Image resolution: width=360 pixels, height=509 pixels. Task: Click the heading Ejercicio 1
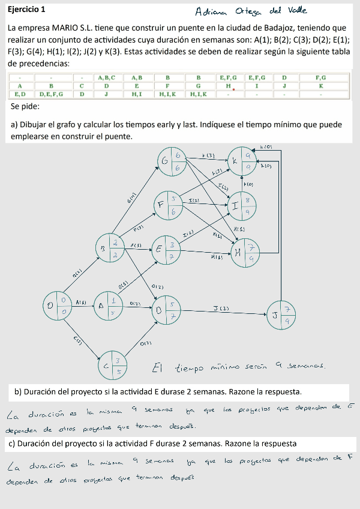click(x=26, y=10)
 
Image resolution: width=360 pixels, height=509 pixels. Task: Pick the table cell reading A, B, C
click(x=106, y=78)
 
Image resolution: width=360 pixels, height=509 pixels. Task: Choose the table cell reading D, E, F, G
click(x=52, y=94)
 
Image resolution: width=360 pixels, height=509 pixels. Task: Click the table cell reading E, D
click(x=20, y=94)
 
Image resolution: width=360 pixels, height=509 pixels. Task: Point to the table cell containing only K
click(x=321, y=86)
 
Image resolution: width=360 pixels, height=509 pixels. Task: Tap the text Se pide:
click(x=25, y=107)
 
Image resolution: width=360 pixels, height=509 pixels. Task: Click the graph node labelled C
click(x=112, y=365)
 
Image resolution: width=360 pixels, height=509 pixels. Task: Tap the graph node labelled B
click(x=110, y=247)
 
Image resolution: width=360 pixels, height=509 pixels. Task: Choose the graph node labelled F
click(x=168, y=205)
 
